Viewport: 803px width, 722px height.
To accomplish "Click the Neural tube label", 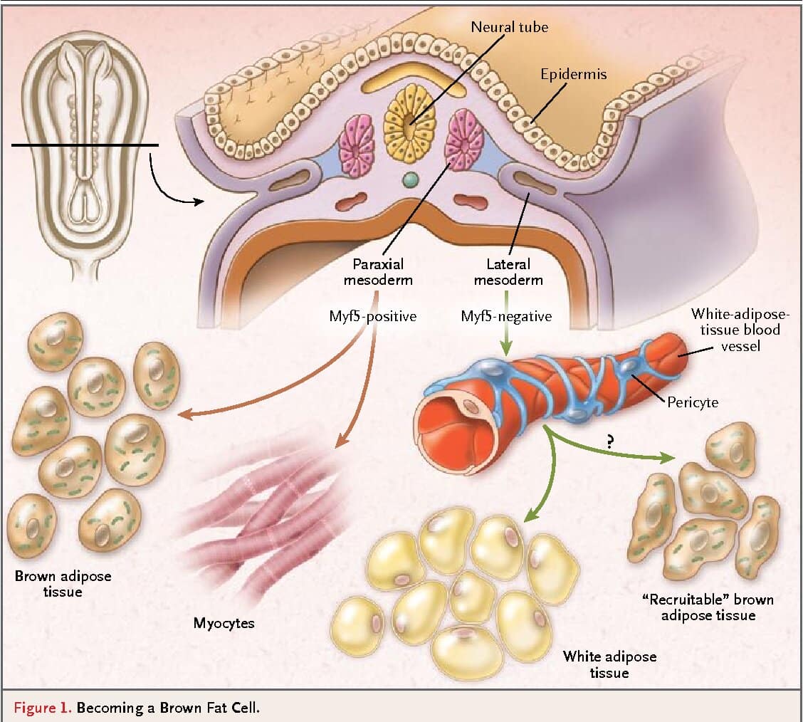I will (509, 27).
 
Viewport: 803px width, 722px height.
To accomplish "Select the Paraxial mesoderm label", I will (377, 272).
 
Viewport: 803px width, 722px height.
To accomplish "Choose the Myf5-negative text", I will (505, 316).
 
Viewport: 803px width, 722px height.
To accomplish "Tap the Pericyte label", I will (693, 402).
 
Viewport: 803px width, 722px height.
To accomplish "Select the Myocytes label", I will (224, 624).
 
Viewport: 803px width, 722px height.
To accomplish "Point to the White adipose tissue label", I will (609, 664).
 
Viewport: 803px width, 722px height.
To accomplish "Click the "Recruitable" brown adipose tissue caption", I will (708, 607).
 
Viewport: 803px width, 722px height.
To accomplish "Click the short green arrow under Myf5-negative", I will (505, 342).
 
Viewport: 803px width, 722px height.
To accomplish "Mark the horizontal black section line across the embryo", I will (84, 145).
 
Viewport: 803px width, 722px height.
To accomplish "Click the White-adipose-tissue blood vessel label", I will (741, 330).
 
